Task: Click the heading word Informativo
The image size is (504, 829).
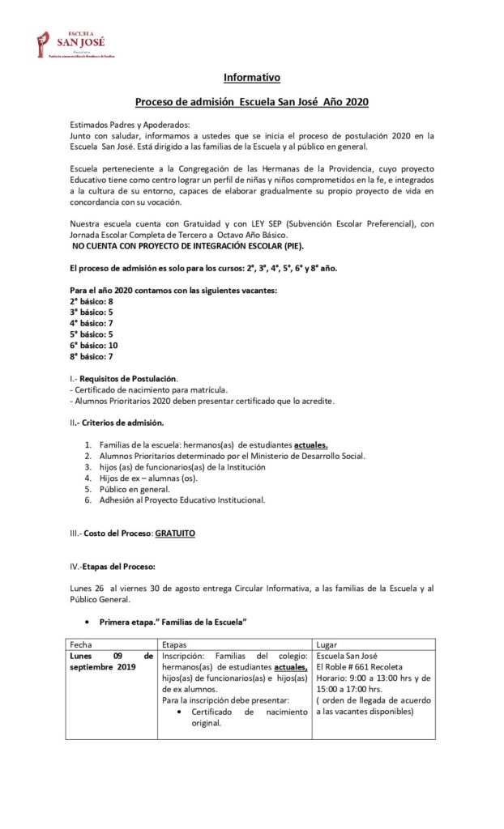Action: click(x=252, y=78)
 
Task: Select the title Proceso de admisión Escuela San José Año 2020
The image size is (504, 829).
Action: click(x=252, y=103)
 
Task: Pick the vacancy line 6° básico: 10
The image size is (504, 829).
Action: click(x=93, y=344)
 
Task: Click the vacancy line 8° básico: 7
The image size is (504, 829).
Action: click(x=91, y=355)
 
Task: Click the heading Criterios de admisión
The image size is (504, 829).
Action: click(x=125, y=423)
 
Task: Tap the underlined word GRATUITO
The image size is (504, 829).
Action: click(x=175, y=534)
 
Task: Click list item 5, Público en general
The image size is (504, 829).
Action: click(x=135, y=489)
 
